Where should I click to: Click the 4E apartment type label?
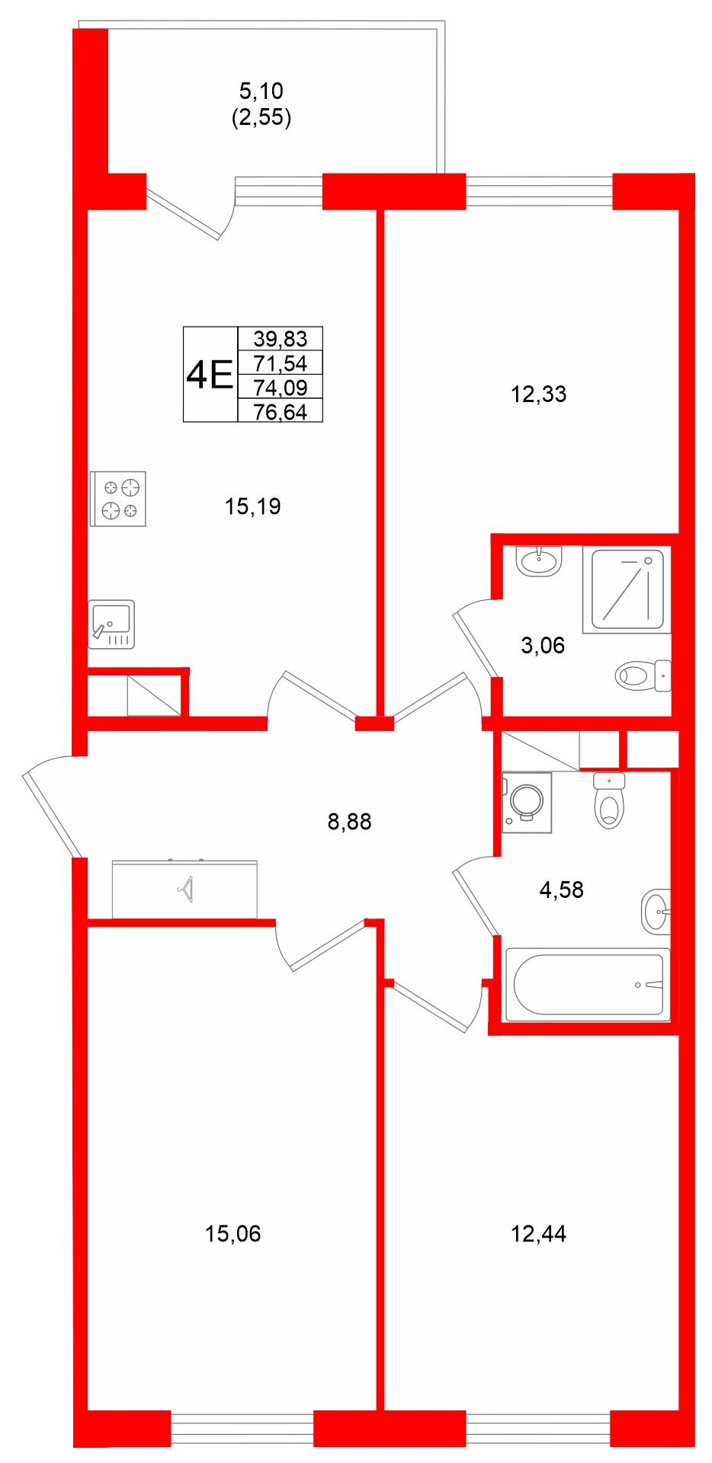[209, 375]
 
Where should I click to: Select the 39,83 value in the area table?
[281, 339]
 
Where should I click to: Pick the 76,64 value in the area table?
[281, 412]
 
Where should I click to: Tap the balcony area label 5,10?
[261, 91]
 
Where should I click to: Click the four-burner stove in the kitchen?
[117, 499]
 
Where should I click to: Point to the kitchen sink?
[111, 624]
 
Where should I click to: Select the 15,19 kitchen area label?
[253, 506]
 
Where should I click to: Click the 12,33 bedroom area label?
[539, 394]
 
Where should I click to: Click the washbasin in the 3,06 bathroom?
[539, 562]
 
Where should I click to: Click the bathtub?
[589, 984]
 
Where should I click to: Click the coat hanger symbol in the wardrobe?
[185, 887]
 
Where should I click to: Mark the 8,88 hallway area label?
[349, 822]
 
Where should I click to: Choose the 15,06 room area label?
[233, 1233]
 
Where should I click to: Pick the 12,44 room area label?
[539, 1233]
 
